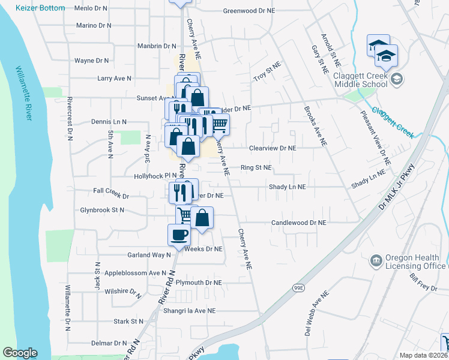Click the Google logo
pos(20,353)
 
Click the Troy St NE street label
pos(267,73)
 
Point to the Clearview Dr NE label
pos(273,148)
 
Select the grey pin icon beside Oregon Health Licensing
pos(376,260)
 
